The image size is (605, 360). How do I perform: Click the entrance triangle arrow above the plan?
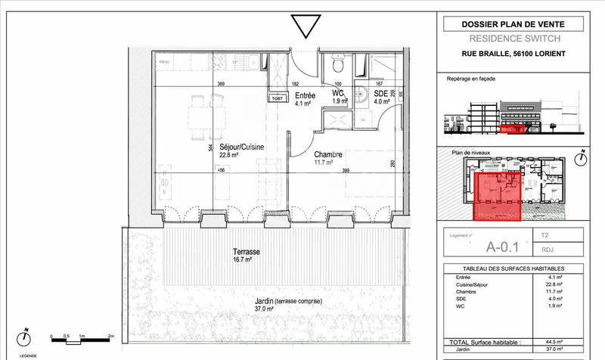[305, 25]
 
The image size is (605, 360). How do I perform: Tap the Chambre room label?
[329, 154]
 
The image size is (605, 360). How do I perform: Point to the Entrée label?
[305, 95]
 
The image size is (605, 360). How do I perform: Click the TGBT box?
[278, 98]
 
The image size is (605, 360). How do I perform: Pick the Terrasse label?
[247, 251]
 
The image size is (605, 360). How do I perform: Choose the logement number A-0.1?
[502, 244]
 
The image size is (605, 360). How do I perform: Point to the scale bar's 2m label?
[110, 335]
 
